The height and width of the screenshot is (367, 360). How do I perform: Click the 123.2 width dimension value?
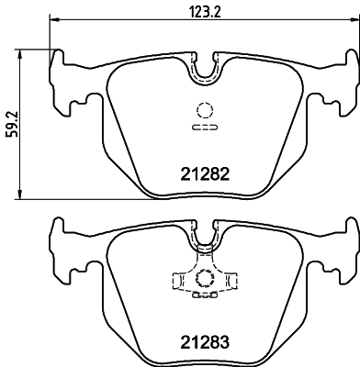(205, 13)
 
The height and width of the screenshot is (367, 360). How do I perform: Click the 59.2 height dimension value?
(13, 124)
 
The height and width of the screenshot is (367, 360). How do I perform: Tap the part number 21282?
(205, 174)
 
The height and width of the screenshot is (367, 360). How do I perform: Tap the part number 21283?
(205, 342)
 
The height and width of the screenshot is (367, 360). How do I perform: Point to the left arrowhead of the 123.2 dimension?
(53, 20)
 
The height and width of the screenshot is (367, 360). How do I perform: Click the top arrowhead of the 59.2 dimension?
(20, 54)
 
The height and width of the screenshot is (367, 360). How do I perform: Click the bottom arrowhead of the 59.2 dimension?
(20, 195)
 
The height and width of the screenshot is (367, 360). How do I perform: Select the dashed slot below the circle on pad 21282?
(205, 128)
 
